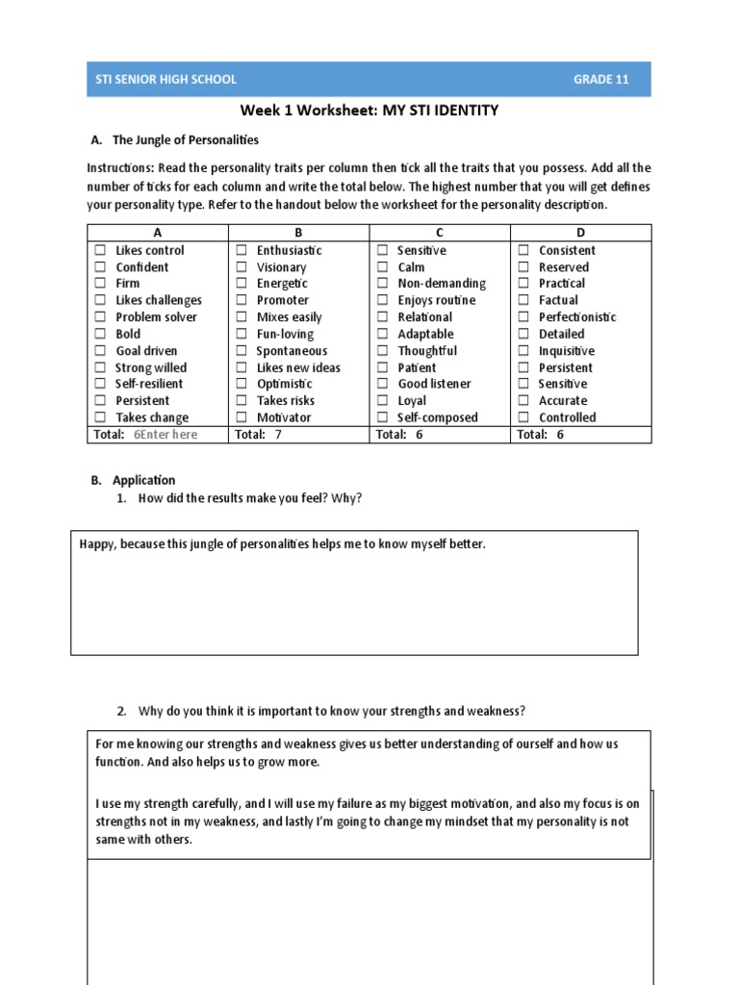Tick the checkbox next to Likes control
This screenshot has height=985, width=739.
click(x=99, y=250)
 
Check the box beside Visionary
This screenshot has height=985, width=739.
click(x=241, y=267)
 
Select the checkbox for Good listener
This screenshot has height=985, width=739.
click(x=382, y=384)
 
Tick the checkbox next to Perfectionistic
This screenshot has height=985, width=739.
click(x=523, y=317)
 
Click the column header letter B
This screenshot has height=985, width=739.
click(x=298, y=233)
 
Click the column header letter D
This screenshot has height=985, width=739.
click(x=580, y=233)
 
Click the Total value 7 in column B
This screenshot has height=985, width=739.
click(x=278, y=435)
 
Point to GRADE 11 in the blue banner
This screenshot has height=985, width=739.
click(x=601, y=80)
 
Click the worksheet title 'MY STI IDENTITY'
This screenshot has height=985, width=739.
click(x=441, y=111)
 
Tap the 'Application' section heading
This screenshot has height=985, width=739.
click(x=143, y=480)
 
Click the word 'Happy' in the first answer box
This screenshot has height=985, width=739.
click(x=97, y=544)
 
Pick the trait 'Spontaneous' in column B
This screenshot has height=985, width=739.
click(x=292, y=351)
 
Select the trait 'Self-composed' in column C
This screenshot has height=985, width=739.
click(x=438, y=417)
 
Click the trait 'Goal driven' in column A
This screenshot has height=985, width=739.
click(x=146, y=351)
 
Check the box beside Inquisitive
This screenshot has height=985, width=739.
click(x=523, y=351)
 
